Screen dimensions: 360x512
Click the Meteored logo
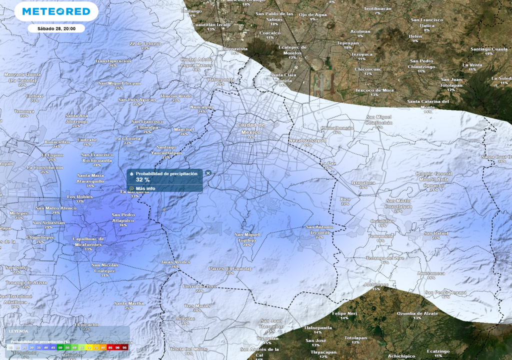[x=52, y=11]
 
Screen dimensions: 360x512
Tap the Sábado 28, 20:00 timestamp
[x=56, y=29]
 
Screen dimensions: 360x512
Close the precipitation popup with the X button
[x=208, y=173]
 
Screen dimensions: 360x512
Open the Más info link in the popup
[x=145, y=188]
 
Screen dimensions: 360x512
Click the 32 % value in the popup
[x=143, y=179]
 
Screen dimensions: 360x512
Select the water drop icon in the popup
[x=131, y=173]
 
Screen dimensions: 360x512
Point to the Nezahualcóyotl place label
[x=307, y=140]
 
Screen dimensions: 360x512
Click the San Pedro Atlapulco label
[x=123, y=217]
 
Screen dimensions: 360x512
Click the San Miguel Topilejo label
[x=247, y=237]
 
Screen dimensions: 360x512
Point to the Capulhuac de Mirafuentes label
[x=88, y=241]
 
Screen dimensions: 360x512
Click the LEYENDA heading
[x=18, y=331]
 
